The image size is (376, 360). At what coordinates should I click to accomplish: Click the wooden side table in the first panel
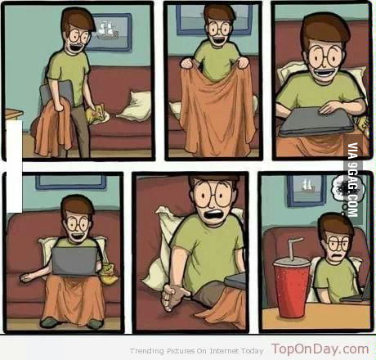(x=13, y=115)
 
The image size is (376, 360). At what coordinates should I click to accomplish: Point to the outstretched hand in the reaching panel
(x=174, y=296)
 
